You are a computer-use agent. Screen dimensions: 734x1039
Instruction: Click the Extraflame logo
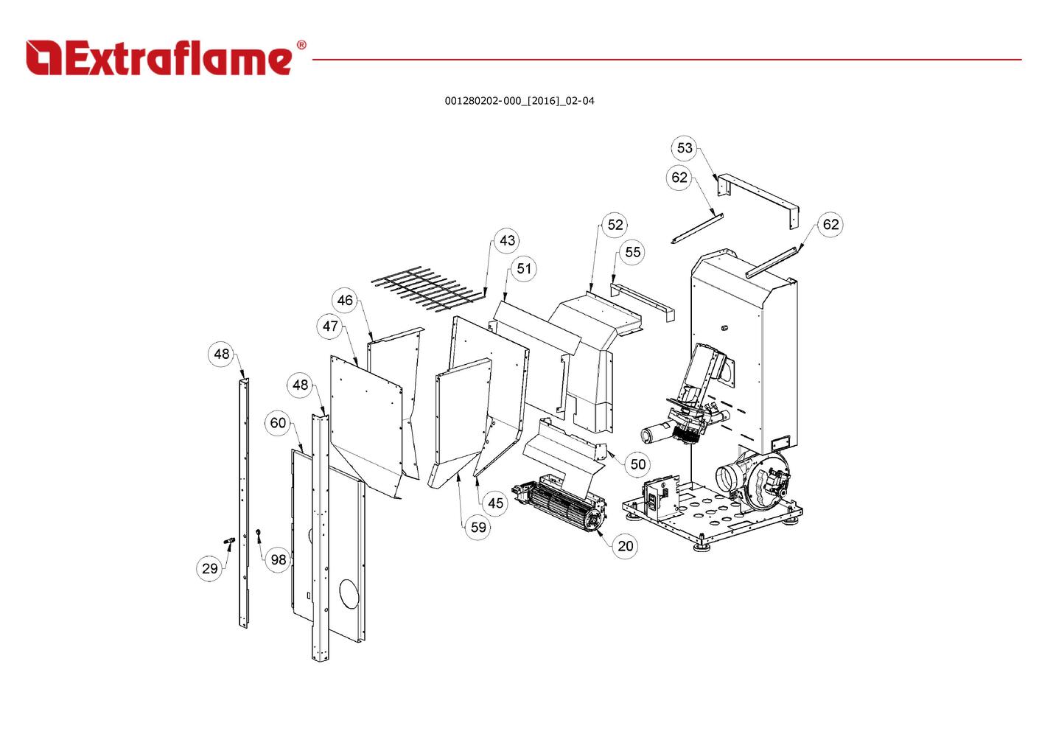coord(158,57)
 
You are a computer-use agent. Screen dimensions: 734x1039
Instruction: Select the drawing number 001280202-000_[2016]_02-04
coord(519,101)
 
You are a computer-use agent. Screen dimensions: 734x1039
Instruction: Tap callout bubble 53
coord(685,148)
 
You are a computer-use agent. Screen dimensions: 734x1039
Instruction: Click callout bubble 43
coord(507,241)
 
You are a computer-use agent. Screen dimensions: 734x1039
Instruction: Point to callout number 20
coord(625,546)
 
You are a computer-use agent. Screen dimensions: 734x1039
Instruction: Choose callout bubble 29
coord(210,568)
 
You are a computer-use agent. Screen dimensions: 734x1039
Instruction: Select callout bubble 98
coord(278,560)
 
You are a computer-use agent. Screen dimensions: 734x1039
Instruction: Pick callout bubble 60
coord(278,423)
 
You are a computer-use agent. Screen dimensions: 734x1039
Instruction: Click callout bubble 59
coord(478,527)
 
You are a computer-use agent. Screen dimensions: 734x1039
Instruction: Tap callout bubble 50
coord(638,464)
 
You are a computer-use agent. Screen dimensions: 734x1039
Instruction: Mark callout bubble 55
coord(632,252)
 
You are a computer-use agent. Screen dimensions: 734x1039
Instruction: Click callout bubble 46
coord(345,300)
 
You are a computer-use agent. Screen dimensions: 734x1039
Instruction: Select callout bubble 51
coord(523,269)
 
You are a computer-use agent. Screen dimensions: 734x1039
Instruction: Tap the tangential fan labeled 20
coord(564,504)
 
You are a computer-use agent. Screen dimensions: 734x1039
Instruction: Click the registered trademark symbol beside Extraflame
coord(301,45)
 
